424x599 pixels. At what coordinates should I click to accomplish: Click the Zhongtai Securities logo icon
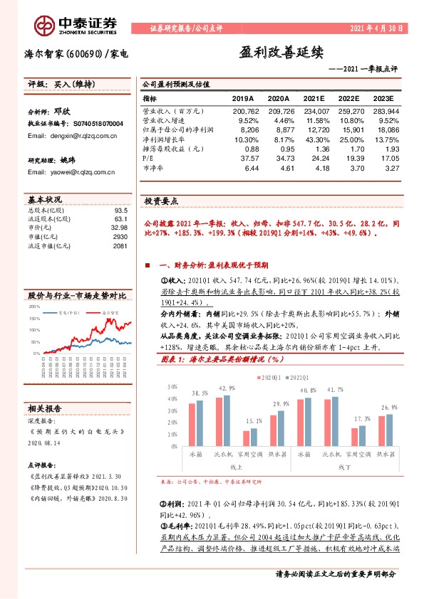click(x=45, y=26)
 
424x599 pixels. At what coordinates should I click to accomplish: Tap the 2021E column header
click(x=316, y=98)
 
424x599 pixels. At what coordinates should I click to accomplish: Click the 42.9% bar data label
click(x=227, y=388)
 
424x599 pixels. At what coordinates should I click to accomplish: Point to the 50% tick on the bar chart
click(x=172, y=387)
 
